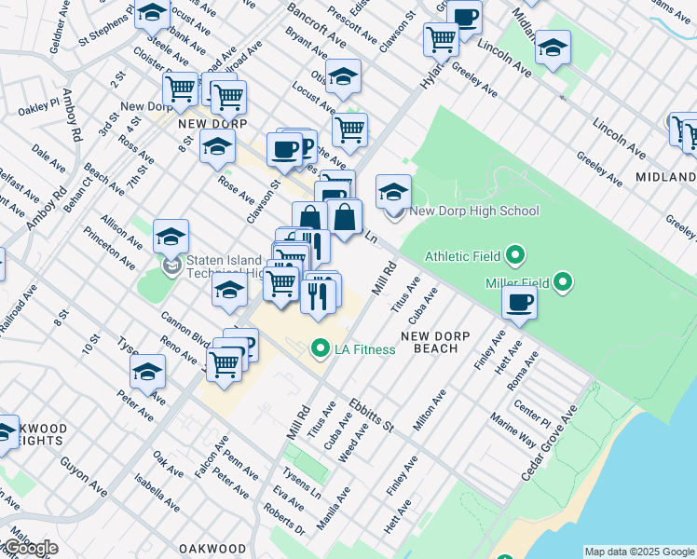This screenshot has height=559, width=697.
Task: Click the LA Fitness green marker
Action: [x=321, y=349]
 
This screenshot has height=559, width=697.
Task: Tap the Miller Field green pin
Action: [x=563, y=281]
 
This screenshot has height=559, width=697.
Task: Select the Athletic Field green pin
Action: [x=514, y=255]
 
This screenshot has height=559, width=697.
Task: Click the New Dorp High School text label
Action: [x=474, y=211]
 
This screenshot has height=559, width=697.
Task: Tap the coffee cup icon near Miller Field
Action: [x=519, y=302]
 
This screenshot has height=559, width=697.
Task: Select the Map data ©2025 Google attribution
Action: [x=638, y=552]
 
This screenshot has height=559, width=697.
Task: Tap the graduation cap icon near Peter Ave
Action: [x=147, y=373]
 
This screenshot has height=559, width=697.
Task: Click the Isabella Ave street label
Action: [x=156, y=494]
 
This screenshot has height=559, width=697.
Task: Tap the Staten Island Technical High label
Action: [x=212, y=266]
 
